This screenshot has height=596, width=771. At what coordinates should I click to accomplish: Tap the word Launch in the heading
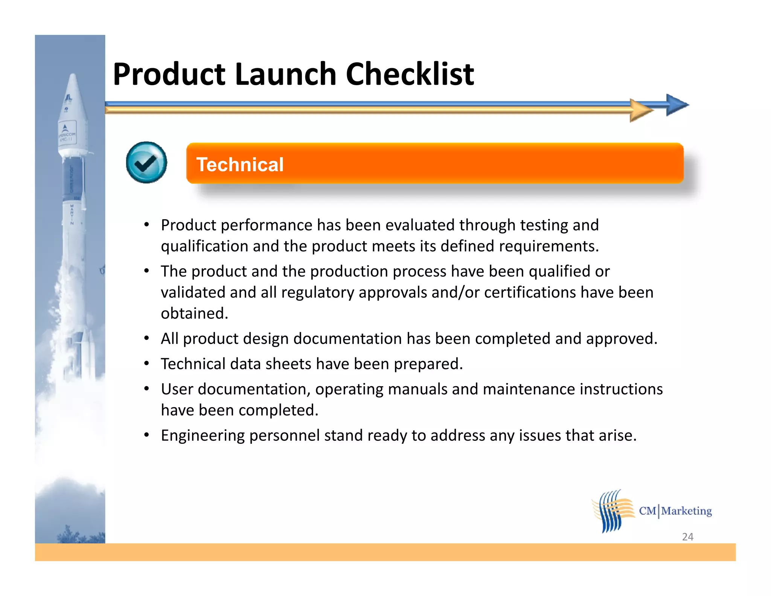[x=284, y=74]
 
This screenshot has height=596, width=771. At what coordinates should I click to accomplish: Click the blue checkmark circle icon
[x=146, y=163]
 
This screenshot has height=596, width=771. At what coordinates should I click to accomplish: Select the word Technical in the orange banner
[x=240, y=165]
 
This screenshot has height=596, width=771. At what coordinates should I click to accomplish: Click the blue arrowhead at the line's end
[x=677, y=105]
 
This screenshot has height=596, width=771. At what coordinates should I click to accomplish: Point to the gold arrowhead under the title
[x=641, y=110]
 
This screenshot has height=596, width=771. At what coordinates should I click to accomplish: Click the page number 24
[x=687, y=536]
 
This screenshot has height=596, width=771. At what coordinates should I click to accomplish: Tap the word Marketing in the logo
[x=686, y=511]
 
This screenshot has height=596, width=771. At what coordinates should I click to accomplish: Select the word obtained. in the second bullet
[x=194, y=313]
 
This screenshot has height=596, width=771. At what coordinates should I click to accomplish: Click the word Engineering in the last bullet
[x=203, y=436]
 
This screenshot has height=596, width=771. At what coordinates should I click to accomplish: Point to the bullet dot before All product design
[x=147, y=338]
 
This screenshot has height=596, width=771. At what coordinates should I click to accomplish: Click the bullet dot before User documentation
[x=147, y=388]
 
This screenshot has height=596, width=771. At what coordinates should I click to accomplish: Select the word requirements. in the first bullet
[x=549, y=246]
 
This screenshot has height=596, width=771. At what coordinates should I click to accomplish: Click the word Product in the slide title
[x=169, y=74]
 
